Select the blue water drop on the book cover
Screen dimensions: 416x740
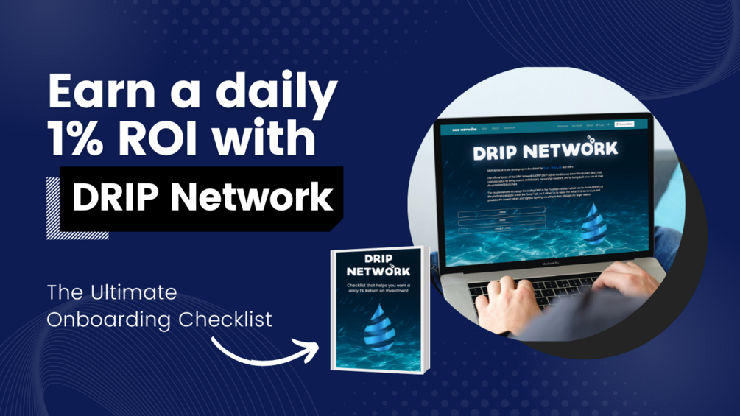[x=380, y=327]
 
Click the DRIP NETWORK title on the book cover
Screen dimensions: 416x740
[x=378, y=265]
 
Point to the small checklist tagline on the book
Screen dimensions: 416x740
[x=378, y=288]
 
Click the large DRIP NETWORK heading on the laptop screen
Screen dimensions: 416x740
[x=546, y=150]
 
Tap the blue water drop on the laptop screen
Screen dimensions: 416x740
[x=591, y=225]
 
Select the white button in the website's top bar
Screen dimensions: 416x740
[x=624, y=124]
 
